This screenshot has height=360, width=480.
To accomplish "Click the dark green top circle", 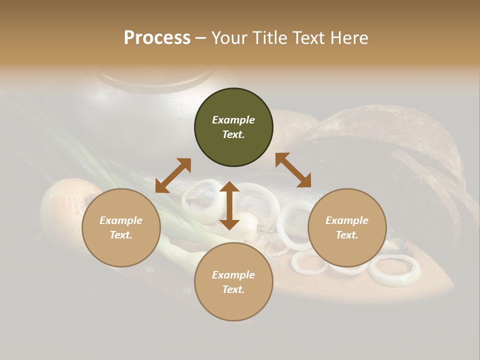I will click(x=233, y=127).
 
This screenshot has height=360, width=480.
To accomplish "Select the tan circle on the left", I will click(x=121, y=227).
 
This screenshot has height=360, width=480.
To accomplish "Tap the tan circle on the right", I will click(x=347, y=227).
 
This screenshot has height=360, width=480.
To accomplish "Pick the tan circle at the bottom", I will click(x=233, y=282).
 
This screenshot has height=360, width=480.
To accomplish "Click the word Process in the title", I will click(x=157, y=38).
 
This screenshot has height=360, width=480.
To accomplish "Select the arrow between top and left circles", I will click(x=173, y=175).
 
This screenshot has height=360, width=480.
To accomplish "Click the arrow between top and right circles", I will click(x=293, y=170).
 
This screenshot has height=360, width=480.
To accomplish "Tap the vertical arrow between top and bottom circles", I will click(x=229, y=205).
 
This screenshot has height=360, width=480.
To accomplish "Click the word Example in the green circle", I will click(x=233, y=120).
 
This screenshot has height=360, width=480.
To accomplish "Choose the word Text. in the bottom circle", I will click(x=233, y=289).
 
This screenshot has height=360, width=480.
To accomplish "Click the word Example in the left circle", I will click(x=121, y=220).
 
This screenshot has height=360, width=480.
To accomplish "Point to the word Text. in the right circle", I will click(x=347, y=235).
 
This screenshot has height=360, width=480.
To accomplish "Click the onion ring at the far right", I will click(x=394, y=270).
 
